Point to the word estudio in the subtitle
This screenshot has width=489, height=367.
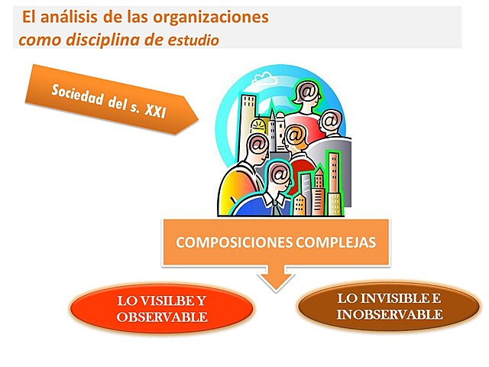coord(193,40)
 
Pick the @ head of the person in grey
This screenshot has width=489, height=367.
coord(329,120)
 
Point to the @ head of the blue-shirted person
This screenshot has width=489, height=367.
coord(279,175)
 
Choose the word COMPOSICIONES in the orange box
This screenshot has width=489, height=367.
coord(222,242)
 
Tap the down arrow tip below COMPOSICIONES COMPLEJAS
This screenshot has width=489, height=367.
coord(274,286)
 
